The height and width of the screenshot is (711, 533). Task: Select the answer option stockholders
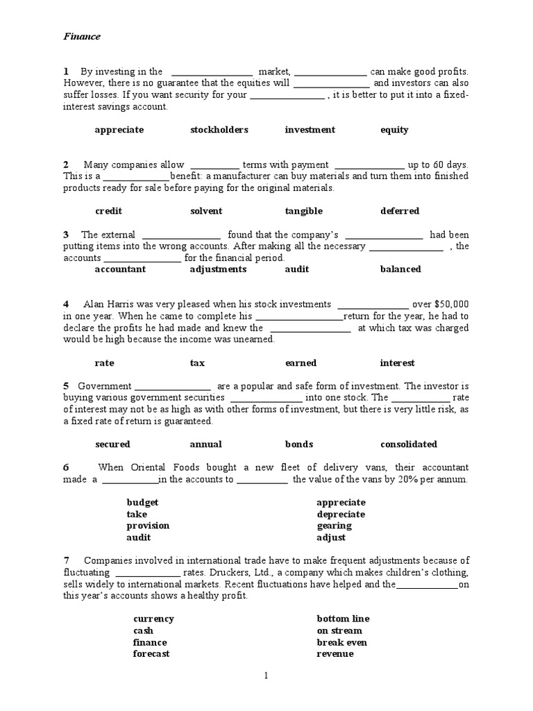219,130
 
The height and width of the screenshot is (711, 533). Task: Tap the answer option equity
394,130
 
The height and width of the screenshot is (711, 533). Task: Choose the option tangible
303,211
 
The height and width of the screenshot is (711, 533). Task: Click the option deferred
400,211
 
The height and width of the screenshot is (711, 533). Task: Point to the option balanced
400,269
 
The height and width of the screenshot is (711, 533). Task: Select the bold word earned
301,363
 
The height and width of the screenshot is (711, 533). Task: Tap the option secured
112,444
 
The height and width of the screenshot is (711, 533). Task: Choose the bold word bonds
299,444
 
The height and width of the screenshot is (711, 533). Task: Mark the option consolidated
409,444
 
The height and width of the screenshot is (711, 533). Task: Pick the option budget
142,503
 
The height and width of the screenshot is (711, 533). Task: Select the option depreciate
341,515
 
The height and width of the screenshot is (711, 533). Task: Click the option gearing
333,526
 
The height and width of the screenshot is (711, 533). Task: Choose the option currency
153,619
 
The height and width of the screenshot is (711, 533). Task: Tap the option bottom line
343,619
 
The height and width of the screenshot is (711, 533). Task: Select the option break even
342,642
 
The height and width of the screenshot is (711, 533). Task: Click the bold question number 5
66,386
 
